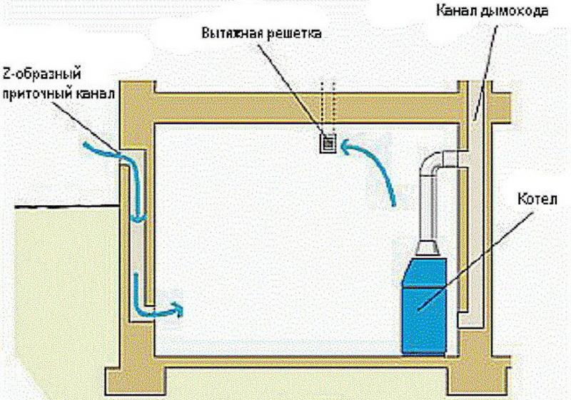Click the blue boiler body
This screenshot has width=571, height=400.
[x=425, y=305]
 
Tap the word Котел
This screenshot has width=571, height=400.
[x=537, y=200]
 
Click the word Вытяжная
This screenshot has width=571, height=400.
[x=231, y=33]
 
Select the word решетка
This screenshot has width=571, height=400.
[x=293, y=34]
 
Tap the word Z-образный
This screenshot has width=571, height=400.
[x=42, y=75]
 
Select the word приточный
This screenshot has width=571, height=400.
[x=38, y=94]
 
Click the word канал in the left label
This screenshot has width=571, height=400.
[x=96, y=93]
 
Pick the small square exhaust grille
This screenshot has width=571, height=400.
[x=328, y=143]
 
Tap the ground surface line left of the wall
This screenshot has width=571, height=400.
[x=67, y=207]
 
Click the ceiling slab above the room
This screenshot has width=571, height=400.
[x=306, y=107]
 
